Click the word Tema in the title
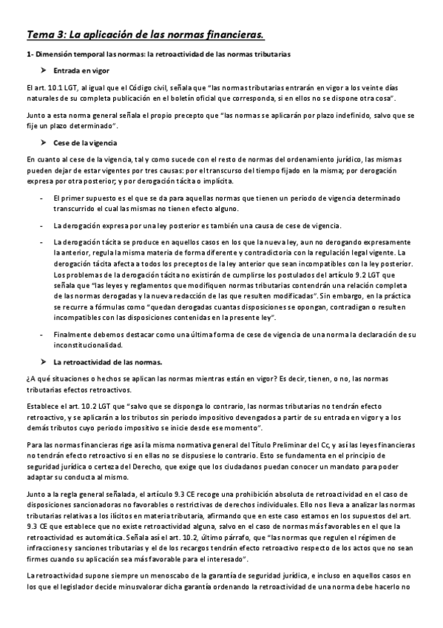(x=41, y=34)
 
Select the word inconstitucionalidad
(x=87, y=345)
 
